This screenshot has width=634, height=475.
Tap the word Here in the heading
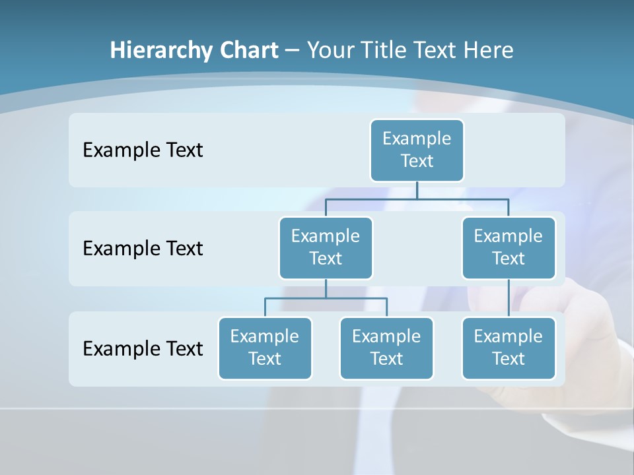pyautogui.click(x=489, y=50)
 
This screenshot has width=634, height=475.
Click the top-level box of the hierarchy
pyautogui.click(x=417, y=150)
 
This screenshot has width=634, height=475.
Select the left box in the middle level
pyautogui.click(x=326, y=247)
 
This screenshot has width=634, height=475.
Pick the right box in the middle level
pyautogui.click(x=509, y=247)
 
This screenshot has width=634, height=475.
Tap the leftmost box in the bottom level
pyautogui.click(x=265, y=348)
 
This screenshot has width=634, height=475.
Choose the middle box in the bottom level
pyautogui.click(x=386, y=348)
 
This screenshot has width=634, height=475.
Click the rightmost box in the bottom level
pyautogui.click(x=509, y=348)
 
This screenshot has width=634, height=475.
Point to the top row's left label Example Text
pyautogui.click(x=143, y=150)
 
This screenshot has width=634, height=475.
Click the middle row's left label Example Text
pyautogui.click(x=143, y=249)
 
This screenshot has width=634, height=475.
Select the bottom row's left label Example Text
pyautogui.click(x=143, y=348)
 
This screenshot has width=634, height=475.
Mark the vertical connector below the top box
pyautogui.click(x=417, y=190)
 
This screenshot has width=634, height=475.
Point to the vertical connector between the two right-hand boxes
pyautogui.click(x=509, y=298)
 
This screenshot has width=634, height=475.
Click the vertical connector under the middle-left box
pyautogui.click(x=326, y=289)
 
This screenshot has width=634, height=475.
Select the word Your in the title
pyautogui.click(x=329, y=50)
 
